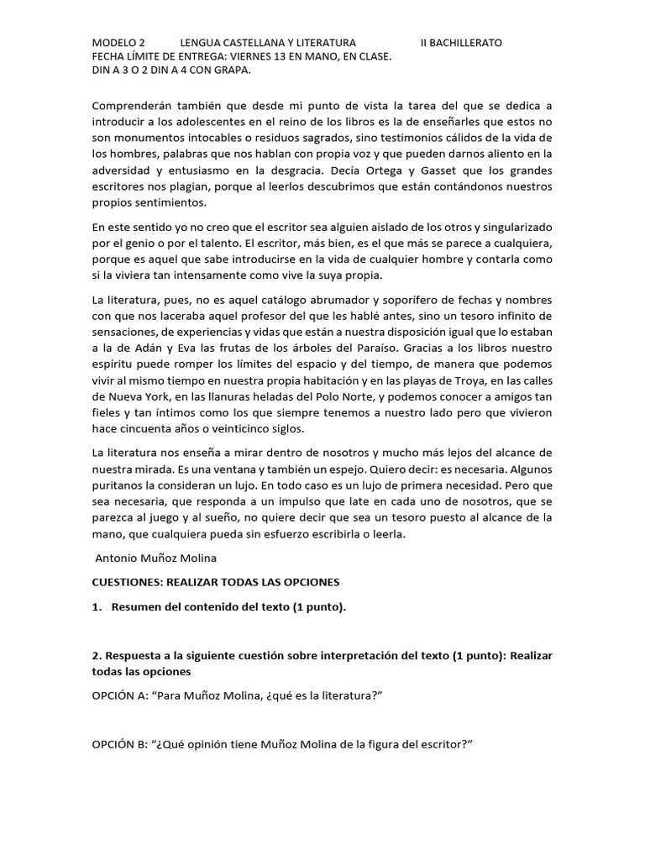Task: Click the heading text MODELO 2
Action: pyautogui.click(x=118, y=42)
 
